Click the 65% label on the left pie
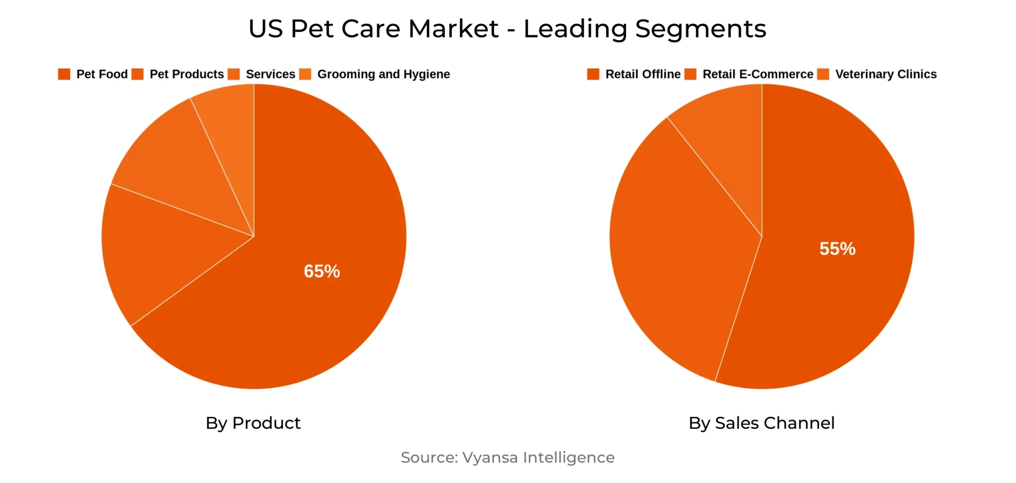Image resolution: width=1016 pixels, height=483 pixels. point(322,271)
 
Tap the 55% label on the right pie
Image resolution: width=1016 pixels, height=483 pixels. point(837,248)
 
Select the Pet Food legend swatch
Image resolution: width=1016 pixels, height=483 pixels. point(64,74)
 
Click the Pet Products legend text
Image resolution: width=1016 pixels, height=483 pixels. point(187,74)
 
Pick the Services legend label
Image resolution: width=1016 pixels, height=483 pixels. point(270,74)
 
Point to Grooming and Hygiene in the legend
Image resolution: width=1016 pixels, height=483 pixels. point(384,74)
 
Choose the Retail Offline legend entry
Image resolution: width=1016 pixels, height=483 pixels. point(643,74)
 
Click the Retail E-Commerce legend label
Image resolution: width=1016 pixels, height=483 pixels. point(757,74)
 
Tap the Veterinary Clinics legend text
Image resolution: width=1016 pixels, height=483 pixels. point(886,74)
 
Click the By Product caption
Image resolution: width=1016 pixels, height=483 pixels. point(253,423)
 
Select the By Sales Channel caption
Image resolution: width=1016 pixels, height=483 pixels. point(761,423)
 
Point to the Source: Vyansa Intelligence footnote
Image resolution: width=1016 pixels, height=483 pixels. point(507,457)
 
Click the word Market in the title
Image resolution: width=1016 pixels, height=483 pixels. point(453,28)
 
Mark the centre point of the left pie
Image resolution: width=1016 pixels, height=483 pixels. point(254,236)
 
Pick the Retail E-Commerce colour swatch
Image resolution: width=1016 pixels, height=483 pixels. point(690,74)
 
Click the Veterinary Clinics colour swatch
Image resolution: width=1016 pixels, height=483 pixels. point(823,74)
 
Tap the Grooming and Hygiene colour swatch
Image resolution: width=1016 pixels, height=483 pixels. point(305,74)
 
